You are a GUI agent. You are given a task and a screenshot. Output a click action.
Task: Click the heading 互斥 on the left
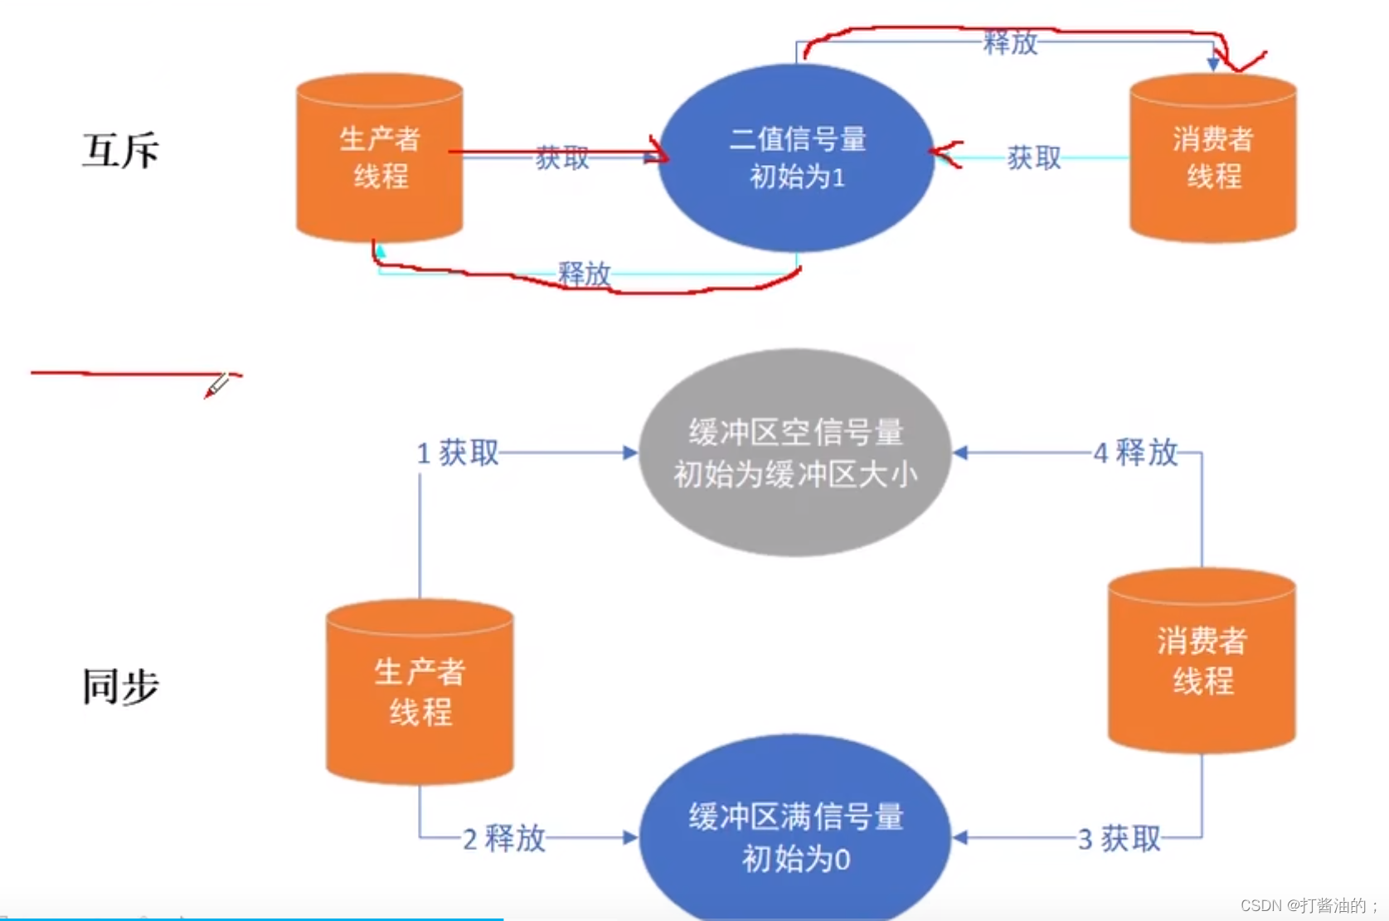pos(120,151)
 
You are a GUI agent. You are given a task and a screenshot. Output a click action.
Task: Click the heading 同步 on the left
pos(120,686)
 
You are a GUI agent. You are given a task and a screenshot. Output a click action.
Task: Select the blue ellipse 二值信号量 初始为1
pos(797,158)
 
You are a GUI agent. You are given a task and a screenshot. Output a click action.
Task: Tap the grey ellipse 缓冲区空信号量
pos(795,453)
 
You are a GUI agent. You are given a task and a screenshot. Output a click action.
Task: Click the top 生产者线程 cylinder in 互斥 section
pos(380,158)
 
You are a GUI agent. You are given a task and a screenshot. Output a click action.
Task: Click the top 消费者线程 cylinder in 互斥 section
pos(1212,158)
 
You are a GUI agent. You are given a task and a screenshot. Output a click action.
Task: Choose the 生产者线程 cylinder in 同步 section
pos(420,692)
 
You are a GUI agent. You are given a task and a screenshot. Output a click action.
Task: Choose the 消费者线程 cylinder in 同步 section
pos(1202,661)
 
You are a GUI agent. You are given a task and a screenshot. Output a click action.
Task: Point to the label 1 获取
pos(458,453)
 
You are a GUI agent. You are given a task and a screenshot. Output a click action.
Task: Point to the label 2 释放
pos(504,838)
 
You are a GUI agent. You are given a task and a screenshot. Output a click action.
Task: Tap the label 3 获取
pos(1119,839)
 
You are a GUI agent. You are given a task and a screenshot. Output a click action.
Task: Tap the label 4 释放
pos(1136,453)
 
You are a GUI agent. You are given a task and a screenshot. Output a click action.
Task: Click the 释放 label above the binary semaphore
pos(1010,41)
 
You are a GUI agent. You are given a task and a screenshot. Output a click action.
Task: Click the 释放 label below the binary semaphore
pos(584,274)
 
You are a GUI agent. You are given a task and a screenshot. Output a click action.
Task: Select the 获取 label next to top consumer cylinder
pos(1033,158)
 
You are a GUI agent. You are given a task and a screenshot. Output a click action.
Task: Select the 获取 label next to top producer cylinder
pos(561,158)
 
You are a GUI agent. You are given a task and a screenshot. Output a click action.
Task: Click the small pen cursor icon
pos(217,385)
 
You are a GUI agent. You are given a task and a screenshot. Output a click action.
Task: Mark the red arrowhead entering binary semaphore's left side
pos(659,153)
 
